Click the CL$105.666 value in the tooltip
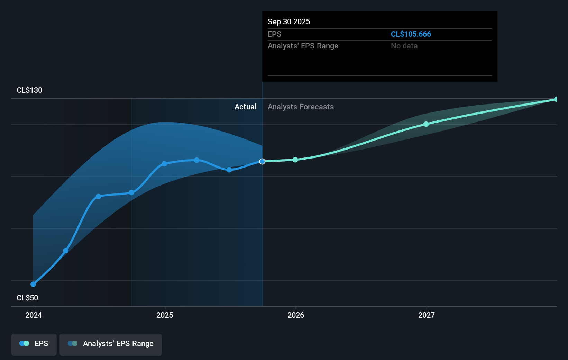pos(411,34)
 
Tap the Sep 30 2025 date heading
pos(289,21)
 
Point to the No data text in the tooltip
pos(404,46)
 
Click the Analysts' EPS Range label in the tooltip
pos(303,46)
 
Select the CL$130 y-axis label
pos(29,90)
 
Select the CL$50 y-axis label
pos(27,298)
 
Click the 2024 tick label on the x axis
pos(34,315)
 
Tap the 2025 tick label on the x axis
pos(165,315)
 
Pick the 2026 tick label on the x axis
pos(296,315)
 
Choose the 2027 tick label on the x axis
pos(427,315)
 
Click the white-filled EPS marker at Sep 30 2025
pos(262,161)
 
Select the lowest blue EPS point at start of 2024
pos(33,284)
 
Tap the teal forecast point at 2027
pos(426,124)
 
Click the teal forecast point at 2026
pos(295,160)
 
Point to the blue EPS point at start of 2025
pos(164,164)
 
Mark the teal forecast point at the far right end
pos(556,99)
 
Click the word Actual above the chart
pos(245,107)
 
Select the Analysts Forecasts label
pos(301,107)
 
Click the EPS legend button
pos(34,344)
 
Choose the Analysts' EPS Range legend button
pos(111,344)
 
